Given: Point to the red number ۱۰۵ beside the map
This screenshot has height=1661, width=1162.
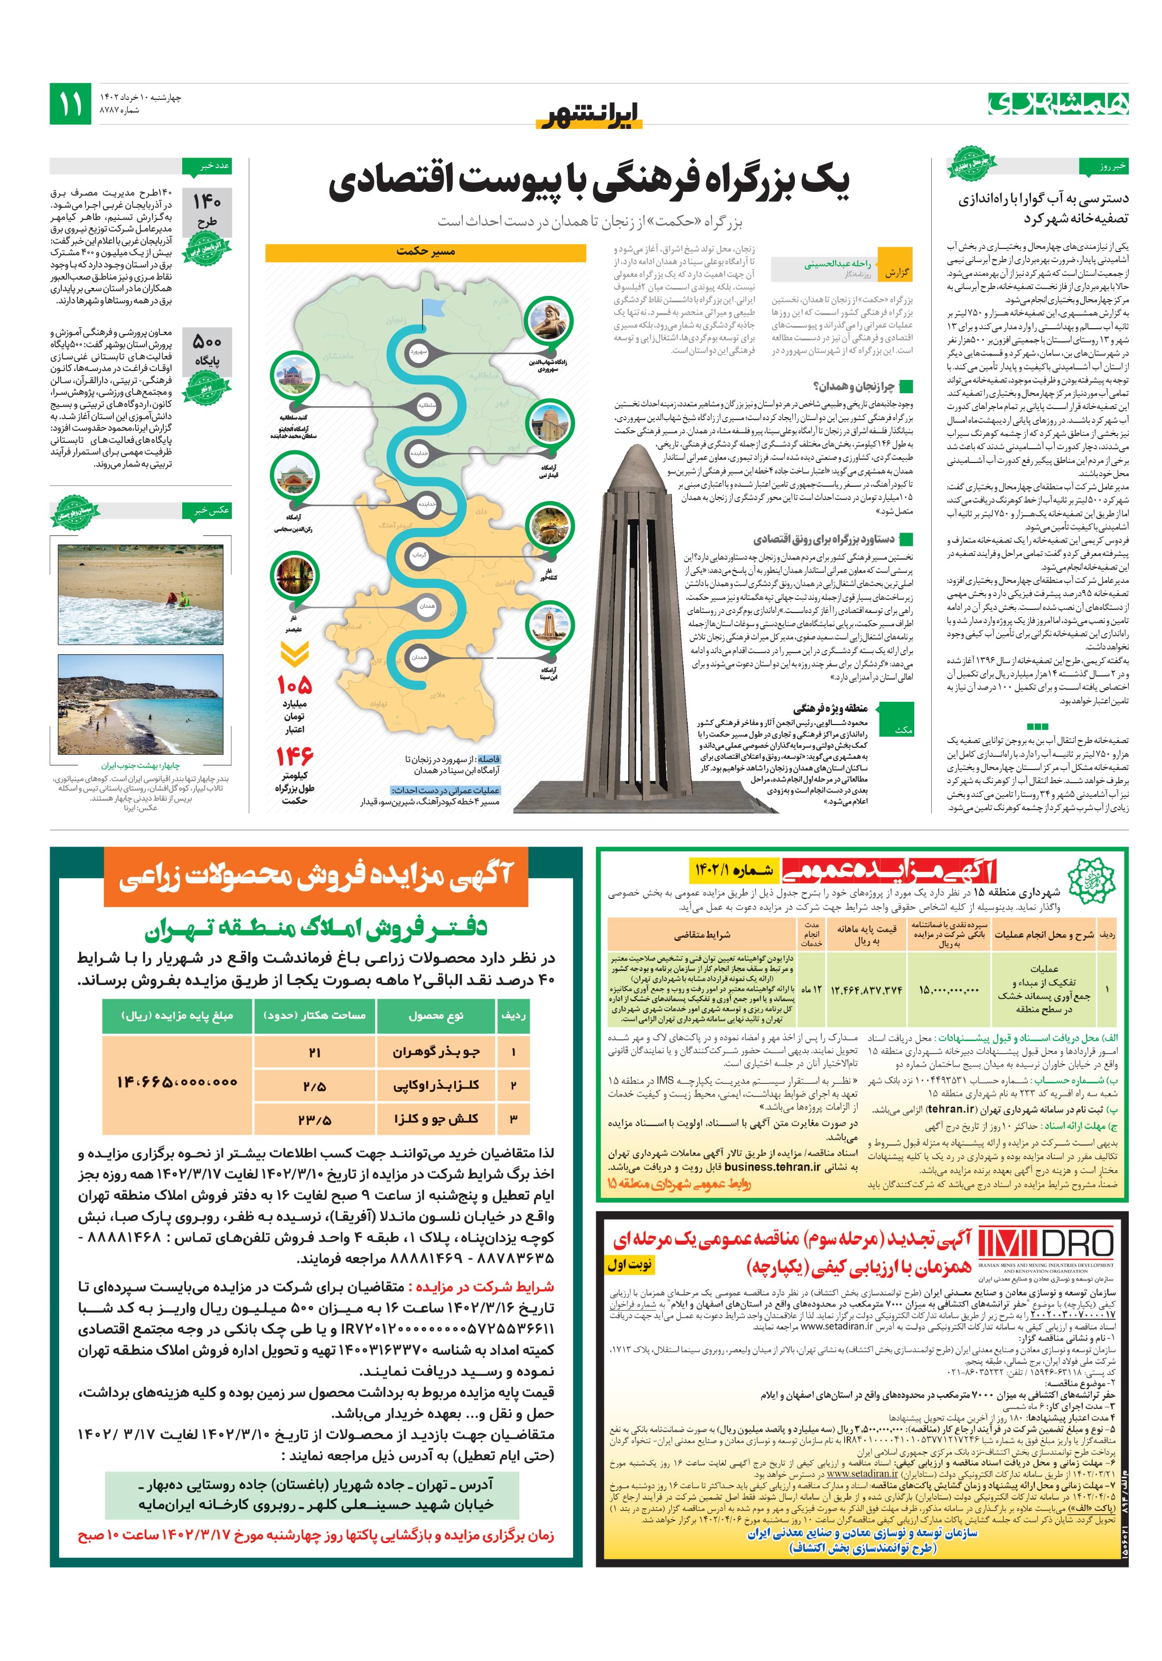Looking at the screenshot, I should [294, 684].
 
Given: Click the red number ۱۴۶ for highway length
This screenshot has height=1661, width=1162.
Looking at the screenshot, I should [294, 757].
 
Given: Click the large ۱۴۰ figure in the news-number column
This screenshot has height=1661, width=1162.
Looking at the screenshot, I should [207, 202].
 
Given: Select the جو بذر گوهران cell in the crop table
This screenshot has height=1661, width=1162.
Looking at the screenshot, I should [436, 1052].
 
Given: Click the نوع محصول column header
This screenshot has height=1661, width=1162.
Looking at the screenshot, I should [436, 1016].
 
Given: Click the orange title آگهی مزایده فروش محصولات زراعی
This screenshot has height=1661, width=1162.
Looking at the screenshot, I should [316, 877].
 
